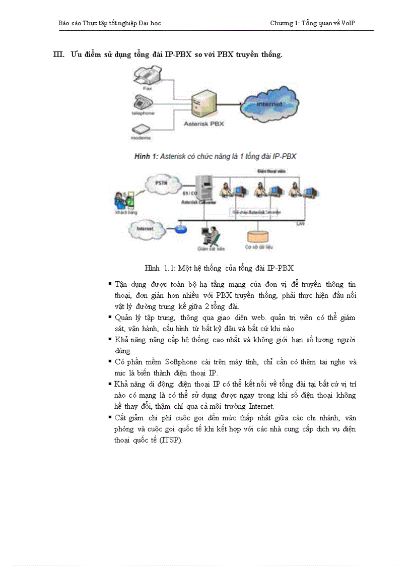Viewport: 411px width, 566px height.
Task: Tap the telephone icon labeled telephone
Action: [x=143, y=102]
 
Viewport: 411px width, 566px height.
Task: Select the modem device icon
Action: [x=143, y=129]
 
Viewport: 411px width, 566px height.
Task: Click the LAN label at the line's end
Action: [x=300, y=223]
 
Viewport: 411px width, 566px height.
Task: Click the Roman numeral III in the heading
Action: [x=59, y=54]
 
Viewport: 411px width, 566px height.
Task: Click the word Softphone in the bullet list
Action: [x=181, y=362]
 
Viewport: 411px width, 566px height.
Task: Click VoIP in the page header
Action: [x=348, y=23]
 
